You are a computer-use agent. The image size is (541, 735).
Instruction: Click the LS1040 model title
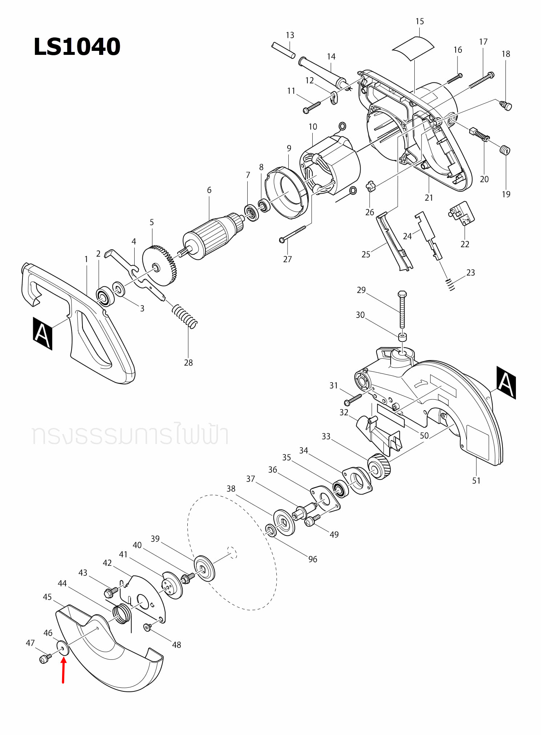click(x=77, y=47)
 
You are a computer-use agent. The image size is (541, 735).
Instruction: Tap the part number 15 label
click(x=419, y=21)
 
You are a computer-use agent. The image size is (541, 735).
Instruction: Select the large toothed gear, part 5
click(x=160, y=266)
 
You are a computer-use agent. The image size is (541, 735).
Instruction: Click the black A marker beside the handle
click(x=42, y=334)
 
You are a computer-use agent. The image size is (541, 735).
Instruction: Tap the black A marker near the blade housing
click(x=506, y=383)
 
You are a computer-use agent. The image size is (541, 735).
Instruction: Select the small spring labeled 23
click(x=450, y=284)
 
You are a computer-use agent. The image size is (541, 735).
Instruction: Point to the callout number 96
click(x=313, y=559)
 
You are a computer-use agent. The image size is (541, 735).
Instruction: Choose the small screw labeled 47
click(x=44, y=658)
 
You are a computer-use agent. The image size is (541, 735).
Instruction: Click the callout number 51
click(x=476, y=481)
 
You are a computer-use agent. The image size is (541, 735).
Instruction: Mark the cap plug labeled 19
click(x=505, y=150)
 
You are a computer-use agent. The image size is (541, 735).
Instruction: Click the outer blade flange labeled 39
click(x=204, y=568)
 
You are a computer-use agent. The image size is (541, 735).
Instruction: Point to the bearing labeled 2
click(x=105, y=296)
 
